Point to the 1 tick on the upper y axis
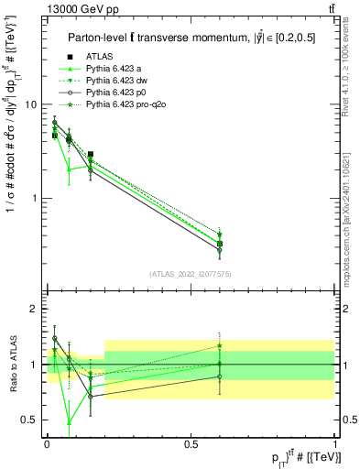(33, 198)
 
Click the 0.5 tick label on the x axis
(190, 442)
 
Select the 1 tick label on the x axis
(333, 442)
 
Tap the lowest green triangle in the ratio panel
(70, 422)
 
